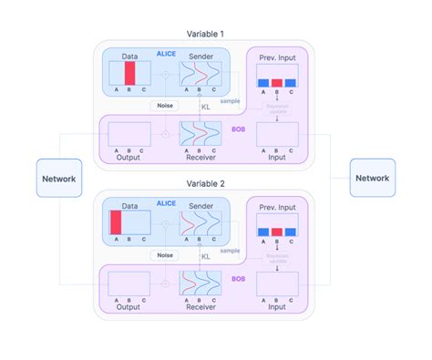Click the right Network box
[x=372, y=178]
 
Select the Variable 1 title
[x=206, y=34]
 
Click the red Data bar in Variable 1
[x=129, y=72]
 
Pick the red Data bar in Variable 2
[x=116, y=221]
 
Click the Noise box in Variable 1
[x=164, y=106]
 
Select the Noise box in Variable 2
[x=164, y=255]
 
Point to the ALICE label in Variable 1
[x=165, y=54]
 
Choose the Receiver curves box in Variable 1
[x=200, y=134]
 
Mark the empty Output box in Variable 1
[x=129, y=134]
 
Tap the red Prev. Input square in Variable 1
[x=277, y=82]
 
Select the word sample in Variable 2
[x=231, y=249]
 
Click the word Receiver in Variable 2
[x=200, y=305]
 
